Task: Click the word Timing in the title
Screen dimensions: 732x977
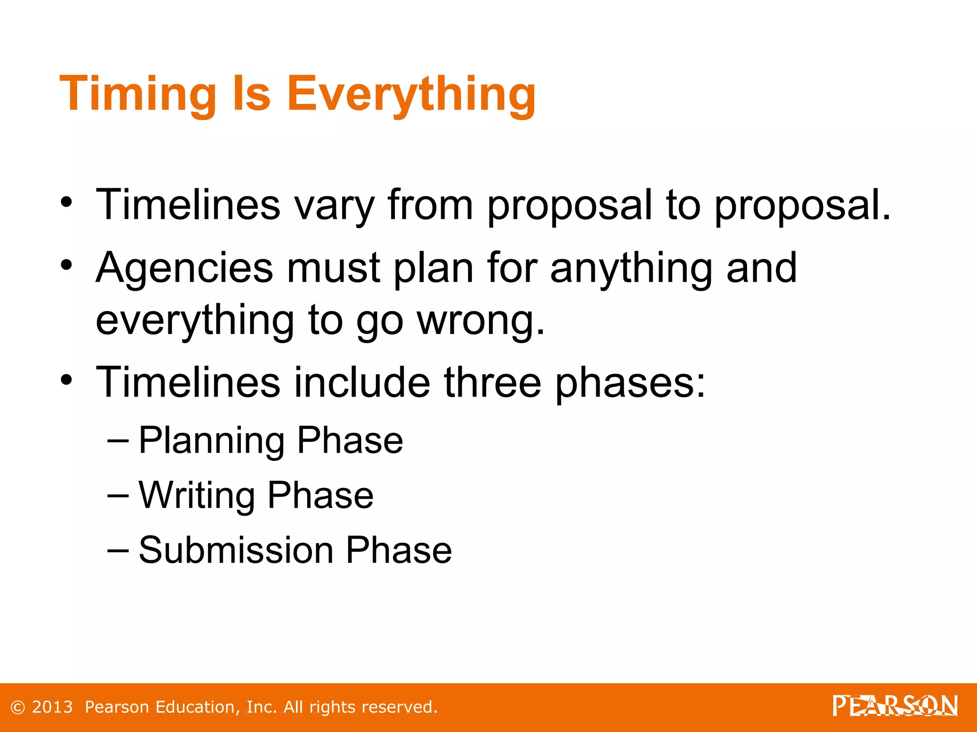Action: (x=138, y=94)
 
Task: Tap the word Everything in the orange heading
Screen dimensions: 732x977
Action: (x=411, y=94)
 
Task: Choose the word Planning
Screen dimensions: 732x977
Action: (x=212, y=441)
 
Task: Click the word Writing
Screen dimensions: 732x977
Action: (x=197, y=496)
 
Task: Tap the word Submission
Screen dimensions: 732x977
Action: (x=236, y=550)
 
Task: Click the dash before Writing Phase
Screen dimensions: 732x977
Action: (x=118, y=496)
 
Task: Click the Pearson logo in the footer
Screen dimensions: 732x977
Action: (x=895, y=706)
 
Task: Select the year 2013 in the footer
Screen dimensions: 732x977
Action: (x=52, y=707)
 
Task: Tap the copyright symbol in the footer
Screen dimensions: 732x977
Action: (x=18, y=708)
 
